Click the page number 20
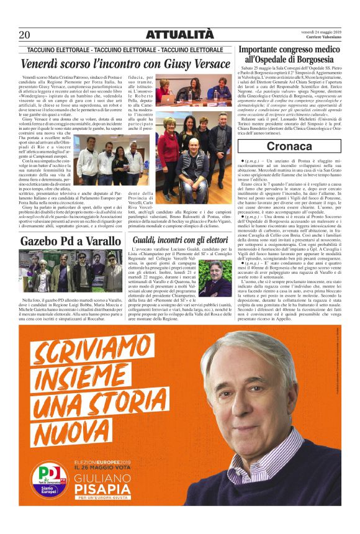tap(25, 35)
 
